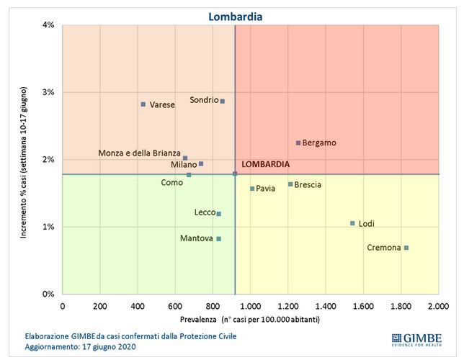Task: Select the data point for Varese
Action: pyautogui.click(x=143, y=104)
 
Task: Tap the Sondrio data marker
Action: pyautogui.click(x=223, y=102)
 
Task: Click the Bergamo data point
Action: pyautogui.click(x=298, y=143)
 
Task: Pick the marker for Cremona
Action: pyautogui.click(x=406, y=248)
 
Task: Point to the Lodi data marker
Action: pyautogui.click(x=352, y=223)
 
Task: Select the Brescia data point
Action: pyautogui.click(x=290, y=184)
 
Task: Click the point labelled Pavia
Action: pyautogui.click(x=252, y=189)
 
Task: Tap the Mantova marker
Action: pyautogui.click(x=219, y=238)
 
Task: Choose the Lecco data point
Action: pyautogui.click(x=219, y=213)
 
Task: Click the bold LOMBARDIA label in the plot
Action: pyautogui.click(x=266, y=164)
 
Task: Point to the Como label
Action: pyautogui.click(x=171, y=183)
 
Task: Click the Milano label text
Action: pyautogui.click(x=183, y=165)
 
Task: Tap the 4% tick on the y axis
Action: pyautogui.click(x=50, y=25)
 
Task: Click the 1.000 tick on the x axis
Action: pyautogui.click(x=251, y=306)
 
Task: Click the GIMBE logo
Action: pyautogui.click(x=416, y=339)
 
